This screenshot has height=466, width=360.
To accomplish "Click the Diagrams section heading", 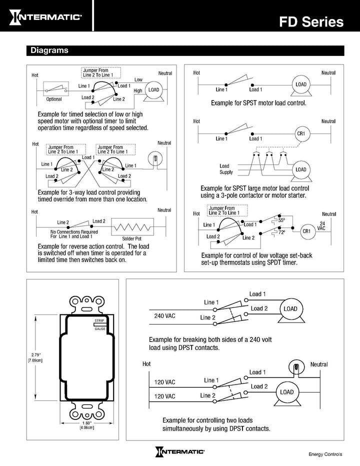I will pos(49,50).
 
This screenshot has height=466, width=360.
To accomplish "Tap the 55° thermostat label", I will pos(281,220).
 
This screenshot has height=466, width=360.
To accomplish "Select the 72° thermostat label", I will pos(281,232).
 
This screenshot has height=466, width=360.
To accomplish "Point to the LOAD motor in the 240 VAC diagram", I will pos(290,309).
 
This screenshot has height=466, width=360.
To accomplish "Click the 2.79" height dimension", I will pos(34,357).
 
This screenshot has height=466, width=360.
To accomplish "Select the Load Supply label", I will pos(226,169).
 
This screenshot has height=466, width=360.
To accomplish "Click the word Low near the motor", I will pos(138,80).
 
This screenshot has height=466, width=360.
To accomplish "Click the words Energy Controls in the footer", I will pos(325,454).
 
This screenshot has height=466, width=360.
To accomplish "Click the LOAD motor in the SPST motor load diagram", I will pos(300,85).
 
